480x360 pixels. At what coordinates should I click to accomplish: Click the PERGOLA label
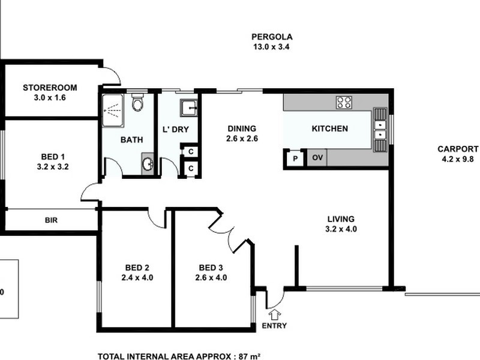(272, 37)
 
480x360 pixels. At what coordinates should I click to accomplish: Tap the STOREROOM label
(50, 88)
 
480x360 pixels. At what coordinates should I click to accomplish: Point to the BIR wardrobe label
(52, 220)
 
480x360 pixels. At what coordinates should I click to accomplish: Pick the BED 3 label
(211, 268)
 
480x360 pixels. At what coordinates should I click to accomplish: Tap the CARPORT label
(458, 149)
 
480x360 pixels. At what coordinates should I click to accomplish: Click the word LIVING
(340, 219)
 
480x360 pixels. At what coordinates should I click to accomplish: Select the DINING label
(242, 128)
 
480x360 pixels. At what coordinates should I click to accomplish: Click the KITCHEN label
(329, 128)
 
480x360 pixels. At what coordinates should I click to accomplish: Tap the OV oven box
(318, 158)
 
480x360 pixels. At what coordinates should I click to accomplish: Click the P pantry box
(295, 159)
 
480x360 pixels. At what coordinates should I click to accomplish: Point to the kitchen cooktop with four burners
(344, 103)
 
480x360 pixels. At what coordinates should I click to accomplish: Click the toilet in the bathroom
(137, 104)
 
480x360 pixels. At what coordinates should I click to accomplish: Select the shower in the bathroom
(113, 110)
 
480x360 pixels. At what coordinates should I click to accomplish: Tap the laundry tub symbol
(189, 109)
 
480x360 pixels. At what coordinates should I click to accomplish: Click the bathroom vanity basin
(148, 164)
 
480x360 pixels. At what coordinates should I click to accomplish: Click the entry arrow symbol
(275, 314)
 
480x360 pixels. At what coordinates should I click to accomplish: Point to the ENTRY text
(274, 326)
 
